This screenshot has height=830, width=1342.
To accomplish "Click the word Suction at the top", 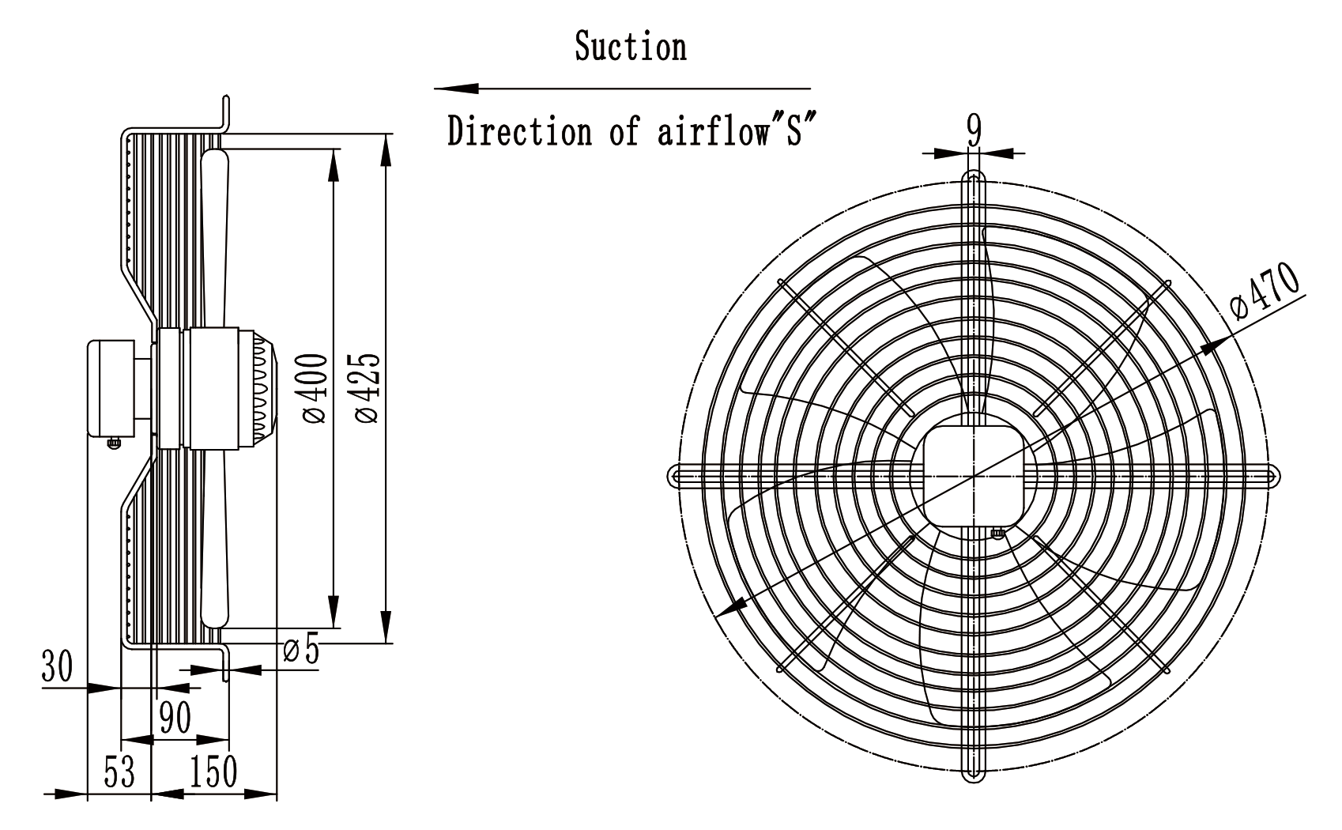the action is tap(630, 46).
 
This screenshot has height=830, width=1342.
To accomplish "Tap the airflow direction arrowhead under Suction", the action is tap(457, 89).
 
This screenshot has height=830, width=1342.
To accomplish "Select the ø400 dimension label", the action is tap(315, 388).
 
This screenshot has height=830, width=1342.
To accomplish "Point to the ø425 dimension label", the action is tap(367, 388).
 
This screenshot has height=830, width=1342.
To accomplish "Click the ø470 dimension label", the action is tap(1263, 292).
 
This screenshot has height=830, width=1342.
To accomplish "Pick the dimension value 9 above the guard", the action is tap(974, 130).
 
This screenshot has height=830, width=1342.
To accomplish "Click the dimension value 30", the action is tap(57, 666).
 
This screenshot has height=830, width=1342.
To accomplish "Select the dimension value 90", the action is tap(175, 717).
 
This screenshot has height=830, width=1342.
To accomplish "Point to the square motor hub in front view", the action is tap(974, 475).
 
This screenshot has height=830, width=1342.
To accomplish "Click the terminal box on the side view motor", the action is tap(111, 388).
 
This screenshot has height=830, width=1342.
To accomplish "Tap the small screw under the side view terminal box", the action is tap(114, 443).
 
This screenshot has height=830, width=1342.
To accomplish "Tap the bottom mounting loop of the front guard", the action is tap(974, 774).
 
